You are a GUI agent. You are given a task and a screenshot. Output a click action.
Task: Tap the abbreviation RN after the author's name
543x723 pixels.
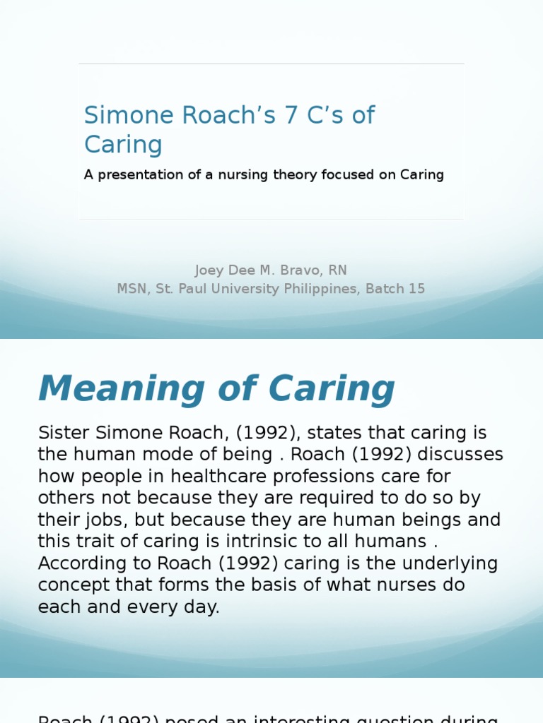337,270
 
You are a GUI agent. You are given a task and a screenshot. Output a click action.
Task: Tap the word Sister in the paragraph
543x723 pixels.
64,433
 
